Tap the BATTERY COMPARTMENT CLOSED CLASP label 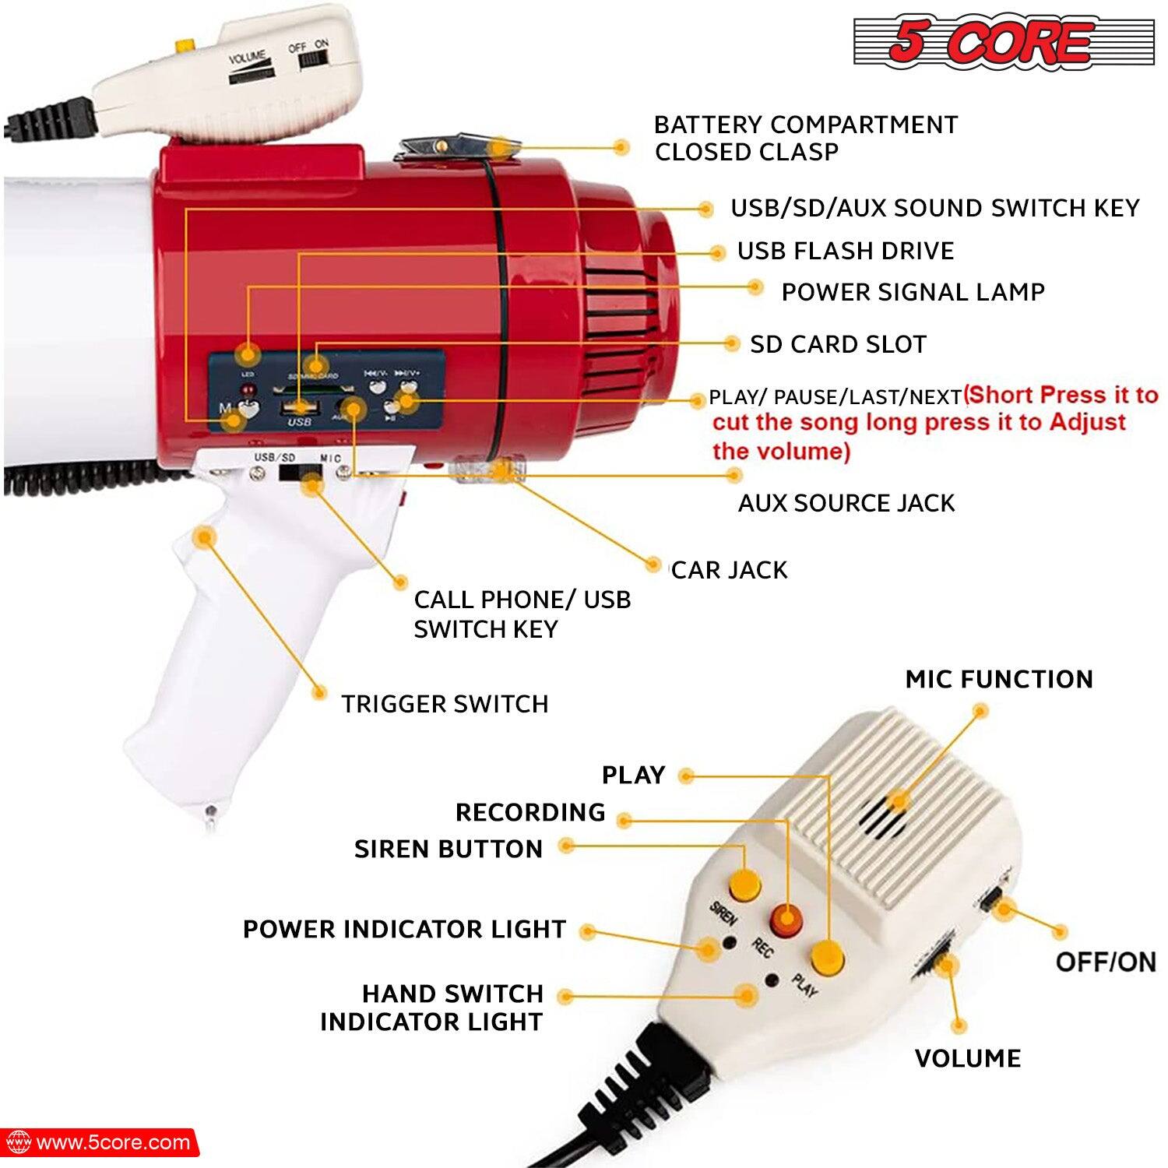pyautogui.click(x=805, y=138)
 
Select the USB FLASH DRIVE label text pyautogui.click(x=845, y=251)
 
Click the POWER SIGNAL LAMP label pyautogui.click(x=913, y=292)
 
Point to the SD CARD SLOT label pyautogui.click(x=838, y=344)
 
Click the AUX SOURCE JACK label pyautogui.click(x=846, y=503)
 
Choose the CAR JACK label pyautogui.click(x=729, y=570)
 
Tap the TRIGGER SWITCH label pyautogui.click(x=445, y=704)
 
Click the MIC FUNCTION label pyautogui.click(x=998, y=679)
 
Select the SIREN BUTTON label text pyautogui.click(x=449, y=849)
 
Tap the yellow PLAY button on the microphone pyautogui.click(x=827, y=955)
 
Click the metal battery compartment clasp pyautogui.click(x=449, y=146)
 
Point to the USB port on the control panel pyautogui.click(x=299, y=406)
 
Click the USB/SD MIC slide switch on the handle pyautogui.click(x=300, y=473)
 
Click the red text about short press pyautogui.click(x=934, y=423)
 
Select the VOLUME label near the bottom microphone pyautogui.click(x=967, y=1058)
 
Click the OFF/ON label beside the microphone pyautogui.click(x=1105, y=962)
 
